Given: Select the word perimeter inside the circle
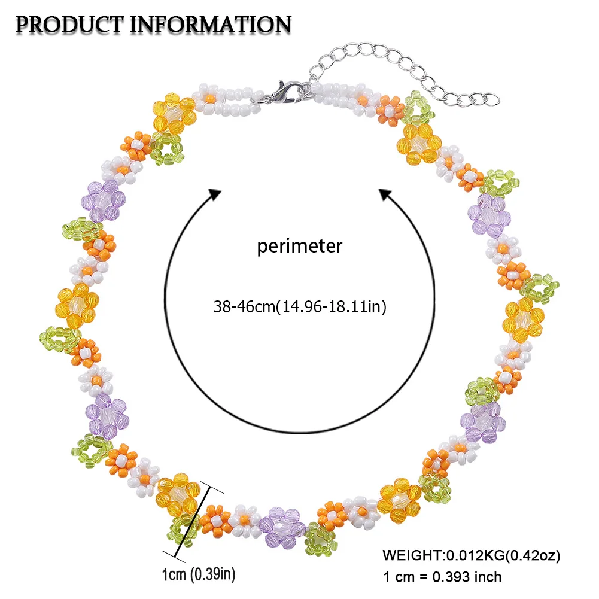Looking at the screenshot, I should [300, 246].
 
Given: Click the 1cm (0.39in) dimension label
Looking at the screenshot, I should [198, 576].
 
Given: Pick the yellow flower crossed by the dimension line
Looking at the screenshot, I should [178, 492].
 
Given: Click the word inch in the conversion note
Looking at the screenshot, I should [487, 577].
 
